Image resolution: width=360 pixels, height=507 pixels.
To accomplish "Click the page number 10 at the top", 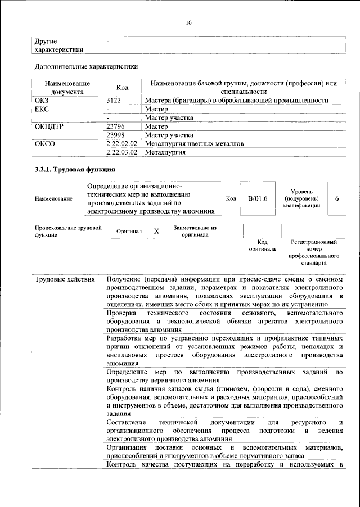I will [x=188, y=22].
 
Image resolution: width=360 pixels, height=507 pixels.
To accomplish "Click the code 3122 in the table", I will [x=115, y=101].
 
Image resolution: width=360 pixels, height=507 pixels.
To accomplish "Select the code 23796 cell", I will [x=115, y=126].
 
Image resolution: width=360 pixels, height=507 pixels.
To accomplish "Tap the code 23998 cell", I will [x=115, y=135].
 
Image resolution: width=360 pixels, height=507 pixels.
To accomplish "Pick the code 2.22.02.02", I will [x=121, y=144].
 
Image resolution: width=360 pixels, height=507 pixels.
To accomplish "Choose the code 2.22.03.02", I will [x=121, y=153].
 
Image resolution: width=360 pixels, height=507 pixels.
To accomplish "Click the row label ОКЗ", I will [x=42, y=101].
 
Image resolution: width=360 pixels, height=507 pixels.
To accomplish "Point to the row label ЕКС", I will [x=42, y=109].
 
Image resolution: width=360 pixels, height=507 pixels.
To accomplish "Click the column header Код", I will [x=122, y=88].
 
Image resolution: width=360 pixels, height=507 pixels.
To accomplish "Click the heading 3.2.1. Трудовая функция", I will [x=75, y=169].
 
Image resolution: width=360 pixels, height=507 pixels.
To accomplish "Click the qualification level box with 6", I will [x=336, y=198].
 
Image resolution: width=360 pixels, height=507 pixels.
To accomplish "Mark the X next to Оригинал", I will [x=157, y=232].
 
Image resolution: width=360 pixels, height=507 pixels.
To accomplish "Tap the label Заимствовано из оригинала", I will [x=195, y=232].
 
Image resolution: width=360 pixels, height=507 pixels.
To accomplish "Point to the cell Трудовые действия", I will [x=61, y=279].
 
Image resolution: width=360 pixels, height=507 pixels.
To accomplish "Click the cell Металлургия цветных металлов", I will [x=194, y=144].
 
